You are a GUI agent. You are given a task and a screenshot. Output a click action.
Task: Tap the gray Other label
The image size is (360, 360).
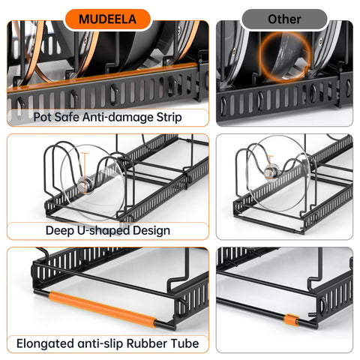pos(284,19)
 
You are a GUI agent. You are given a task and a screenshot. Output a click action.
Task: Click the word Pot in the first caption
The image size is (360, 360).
pos(43,117)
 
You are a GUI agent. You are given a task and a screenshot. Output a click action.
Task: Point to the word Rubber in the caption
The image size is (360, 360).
pos(150,344)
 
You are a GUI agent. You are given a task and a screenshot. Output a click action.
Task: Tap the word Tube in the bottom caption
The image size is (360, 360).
pos(186,344)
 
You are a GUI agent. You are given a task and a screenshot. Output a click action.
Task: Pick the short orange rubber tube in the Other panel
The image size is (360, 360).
pos(286,320)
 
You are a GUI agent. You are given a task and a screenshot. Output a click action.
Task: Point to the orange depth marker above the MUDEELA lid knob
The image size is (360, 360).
pos(87,165)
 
